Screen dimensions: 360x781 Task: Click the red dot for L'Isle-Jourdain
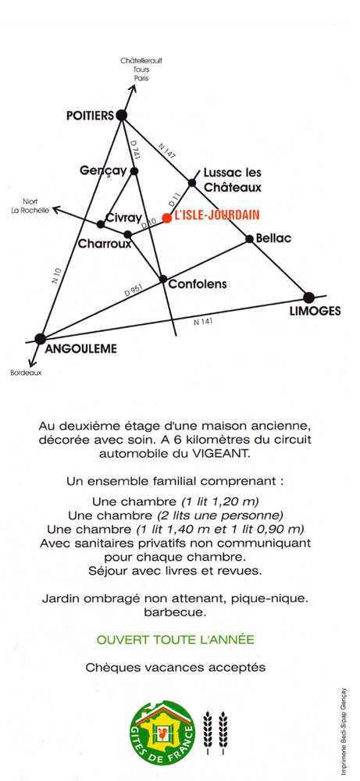(167, 218)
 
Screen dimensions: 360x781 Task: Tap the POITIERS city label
(90, 116)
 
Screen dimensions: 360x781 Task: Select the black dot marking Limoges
(308, 298)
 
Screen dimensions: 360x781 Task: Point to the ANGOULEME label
(80, 348)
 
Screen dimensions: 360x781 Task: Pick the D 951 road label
(133, 291)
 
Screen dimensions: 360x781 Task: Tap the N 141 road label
(203, 322)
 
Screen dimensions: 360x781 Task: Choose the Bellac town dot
(249, 239)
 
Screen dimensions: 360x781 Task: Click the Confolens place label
(198, 284)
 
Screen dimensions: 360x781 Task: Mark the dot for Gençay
(134, 171)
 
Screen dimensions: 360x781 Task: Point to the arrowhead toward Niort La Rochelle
(57, 209)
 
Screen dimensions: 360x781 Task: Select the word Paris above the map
(141, 78)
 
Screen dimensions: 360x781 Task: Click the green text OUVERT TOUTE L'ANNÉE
(175, 640)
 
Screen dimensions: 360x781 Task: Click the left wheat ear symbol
(208, 730)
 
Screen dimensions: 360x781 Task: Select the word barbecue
(175, 612)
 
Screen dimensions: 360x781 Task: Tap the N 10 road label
(57, 276)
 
